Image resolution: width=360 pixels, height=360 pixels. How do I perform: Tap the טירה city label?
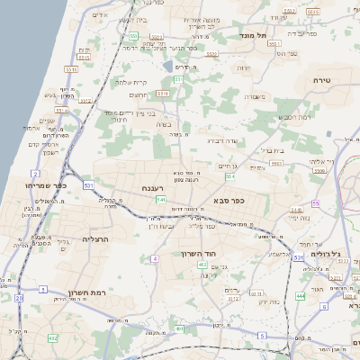322,80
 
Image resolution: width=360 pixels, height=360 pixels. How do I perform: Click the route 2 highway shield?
34,171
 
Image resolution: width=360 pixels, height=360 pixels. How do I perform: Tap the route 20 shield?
19,296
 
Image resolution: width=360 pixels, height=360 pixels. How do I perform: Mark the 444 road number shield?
300,295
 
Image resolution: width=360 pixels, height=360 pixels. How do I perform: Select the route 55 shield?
314,203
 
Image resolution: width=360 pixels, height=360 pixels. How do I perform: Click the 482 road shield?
53,337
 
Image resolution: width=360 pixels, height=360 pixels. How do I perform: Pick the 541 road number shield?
160,199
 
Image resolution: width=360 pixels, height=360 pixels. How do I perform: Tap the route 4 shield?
155,258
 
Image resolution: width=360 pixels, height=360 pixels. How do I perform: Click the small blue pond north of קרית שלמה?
167,66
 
